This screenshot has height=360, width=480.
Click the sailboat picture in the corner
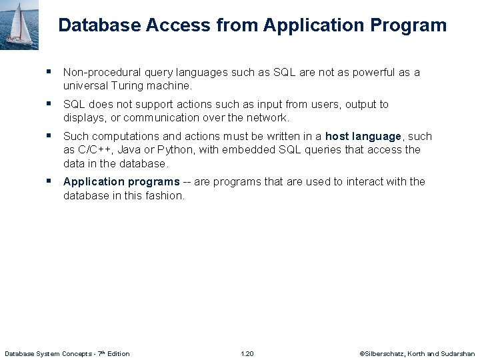(x=19, y=25)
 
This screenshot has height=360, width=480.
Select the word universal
(x=86, y=86)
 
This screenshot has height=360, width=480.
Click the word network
(x=269, y=118)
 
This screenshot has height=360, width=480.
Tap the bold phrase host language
(x=363, y=136)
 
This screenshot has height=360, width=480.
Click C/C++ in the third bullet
(x=94, y=150)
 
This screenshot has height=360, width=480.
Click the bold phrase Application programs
(x=121, y=181)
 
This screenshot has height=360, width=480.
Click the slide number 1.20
(x=247, y=353)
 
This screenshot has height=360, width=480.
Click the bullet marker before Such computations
(x=49, y=135)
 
